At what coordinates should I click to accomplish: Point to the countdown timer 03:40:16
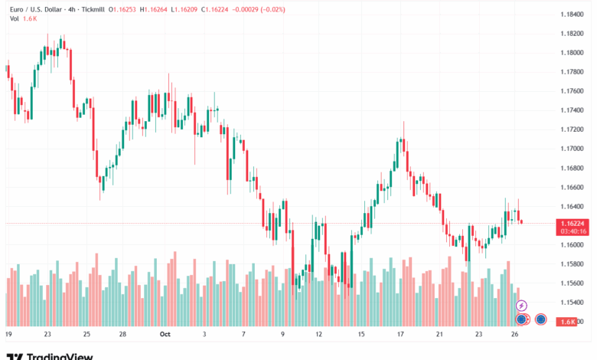click(x=572, y=231)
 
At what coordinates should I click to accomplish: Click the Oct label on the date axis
click(x=164, y=334)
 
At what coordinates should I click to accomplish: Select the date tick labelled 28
click(x=122, y=334)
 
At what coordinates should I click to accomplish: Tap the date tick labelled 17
click(x=400, y=334)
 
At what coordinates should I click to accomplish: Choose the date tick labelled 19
click(x=8, y=334)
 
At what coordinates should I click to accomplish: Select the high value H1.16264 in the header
click(x=163, y=9)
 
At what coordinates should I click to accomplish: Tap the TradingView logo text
click(x=60, y=355)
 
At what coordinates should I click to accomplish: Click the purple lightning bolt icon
click(x=523, y=306)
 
